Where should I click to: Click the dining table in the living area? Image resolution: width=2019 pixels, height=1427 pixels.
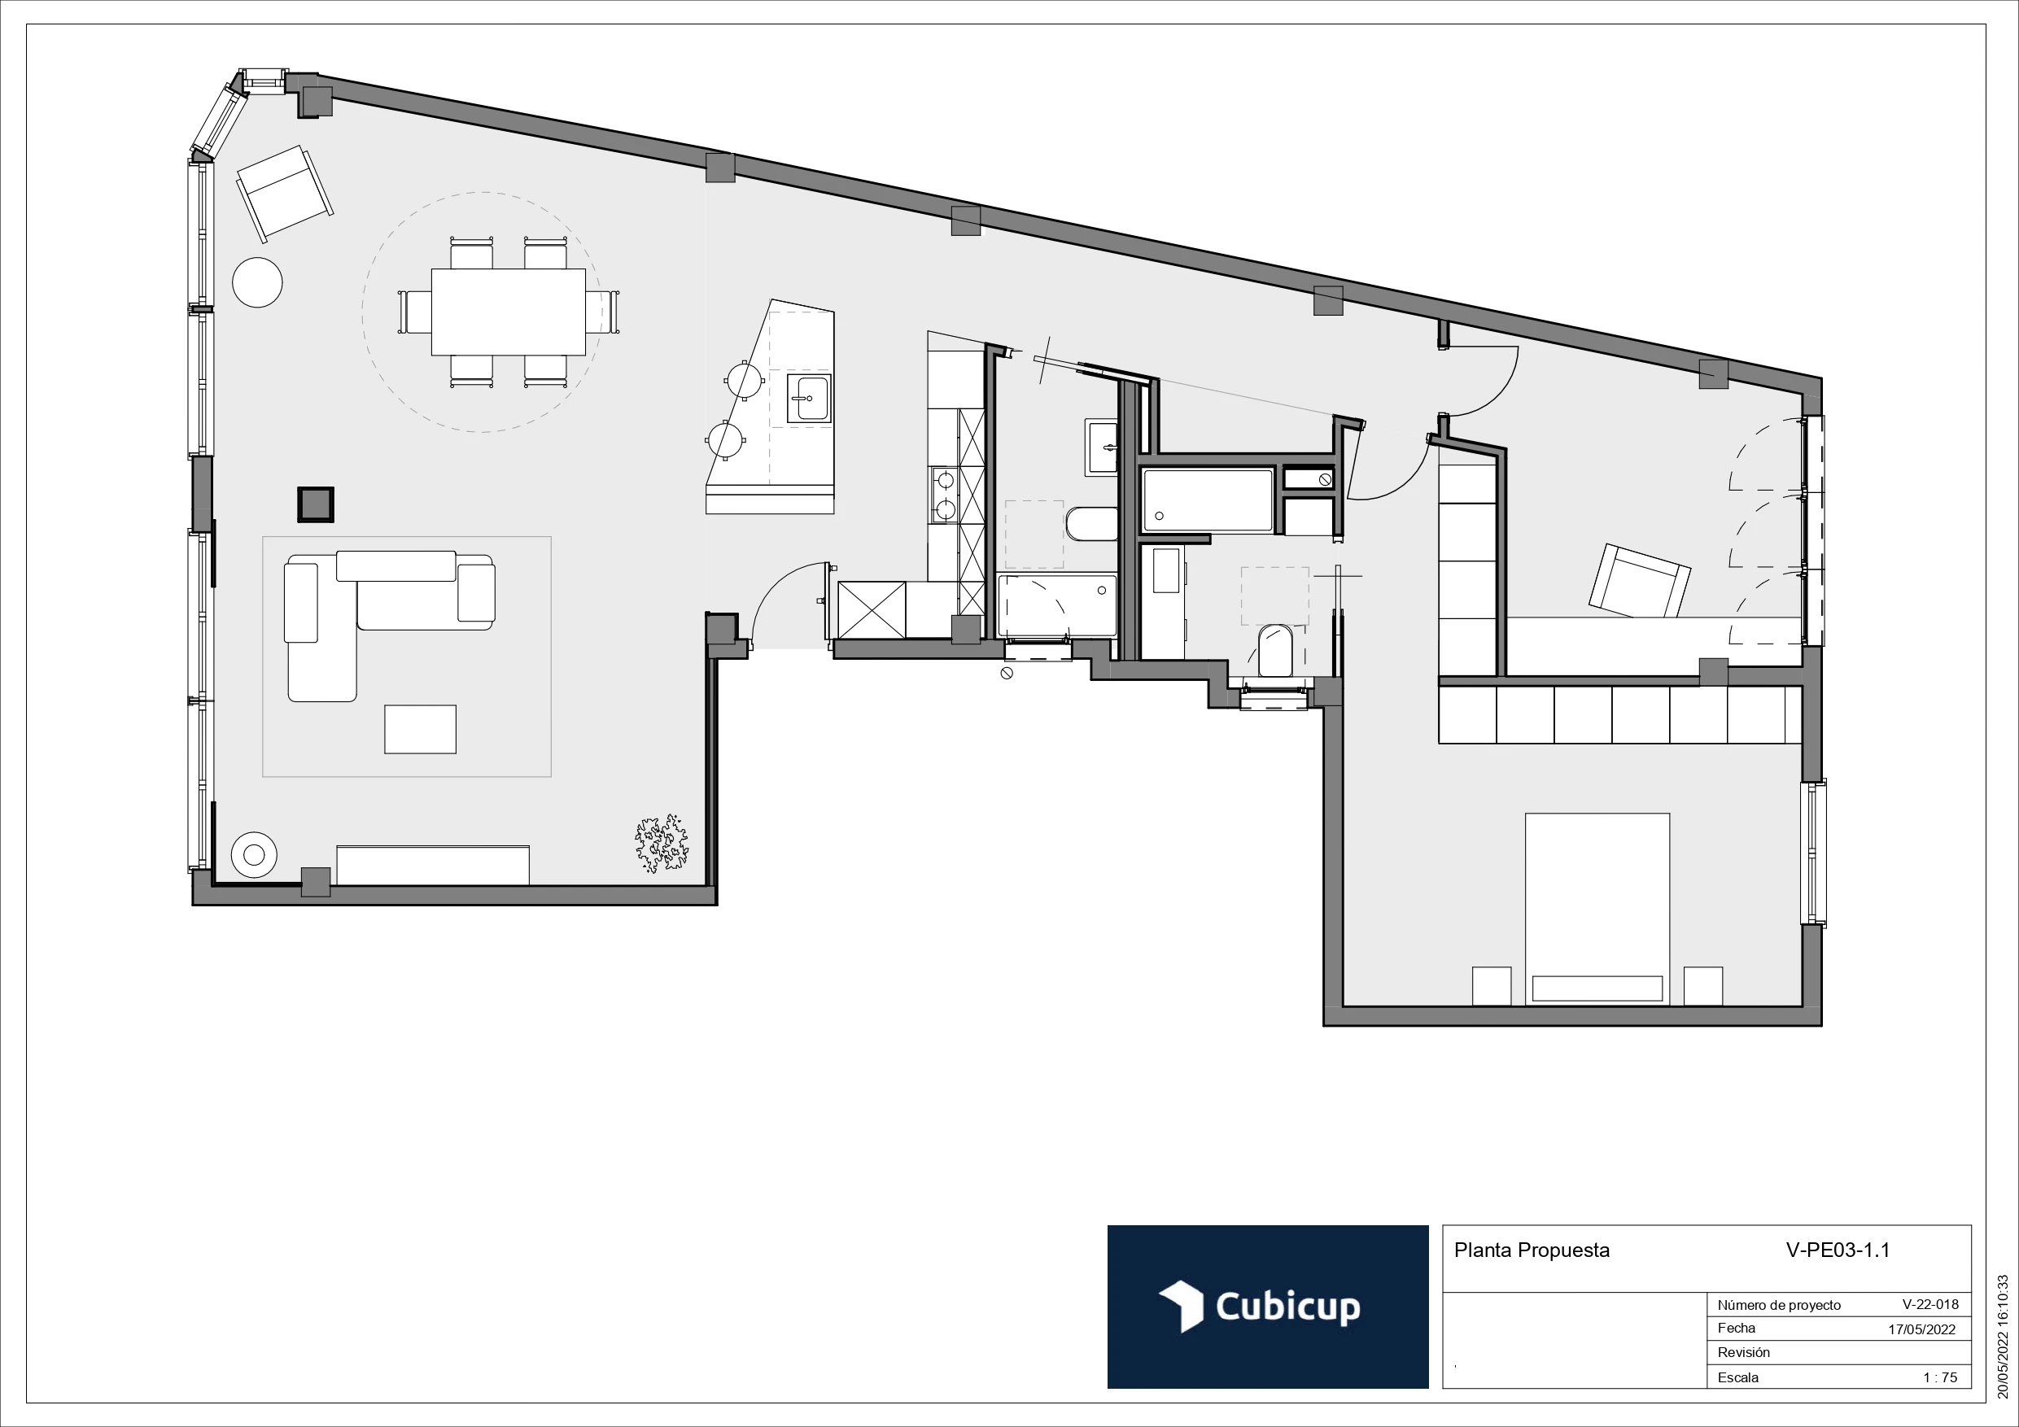click(509, 312)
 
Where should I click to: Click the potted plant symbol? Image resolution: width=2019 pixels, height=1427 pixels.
click(662, 843)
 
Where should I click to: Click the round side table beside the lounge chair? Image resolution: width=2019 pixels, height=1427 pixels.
click(257, 282)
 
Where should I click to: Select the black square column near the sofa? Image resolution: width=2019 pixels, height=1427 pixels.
click(315, 504)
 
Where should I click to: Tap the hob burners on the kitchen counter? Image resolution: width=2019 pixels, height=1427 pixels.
click(945, 494)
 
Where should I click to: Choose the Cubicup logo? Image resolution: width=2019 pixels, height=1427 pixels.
click(1266, 1307)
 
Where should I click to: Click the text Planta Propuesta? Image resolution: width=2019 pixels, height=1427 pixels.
click(1531, 1250)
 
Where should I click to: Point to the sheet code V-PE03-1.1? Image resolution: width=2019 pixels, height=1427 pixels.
click(1837, 1250)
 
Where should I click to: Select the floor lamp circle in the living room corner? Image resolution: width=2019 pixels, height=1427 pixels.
click(253, 853)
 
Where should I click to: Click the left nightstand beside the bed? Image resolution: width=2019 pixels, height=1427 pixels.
click(1492, 985)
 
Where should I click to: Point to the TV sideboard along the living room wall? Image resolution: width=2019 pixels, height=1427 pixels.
click(433, 865)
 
